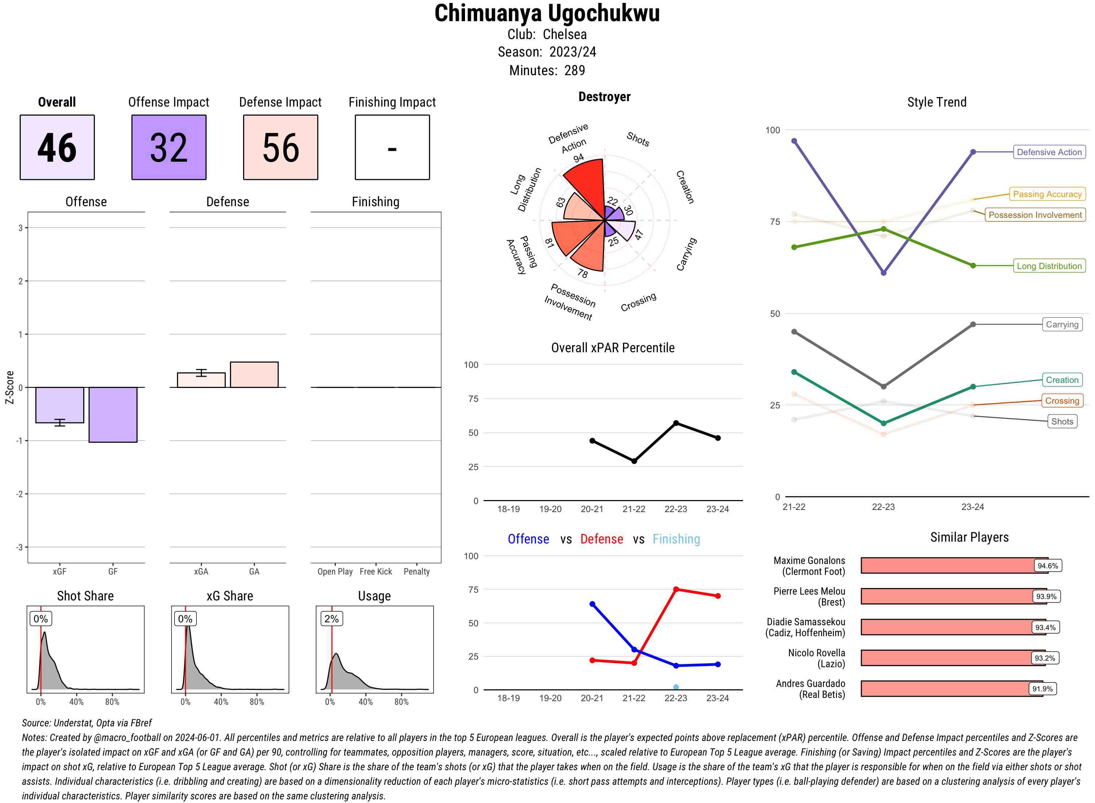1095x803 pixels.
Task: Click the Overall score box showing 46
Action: tap(57, 147)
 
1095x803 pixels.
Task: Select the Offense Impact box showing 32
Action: tap(169, 147)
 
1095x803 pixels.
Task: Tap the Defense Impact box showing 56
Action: tap(280, 147)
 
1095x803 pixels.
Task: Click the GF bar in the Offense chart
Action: tap(113, 415)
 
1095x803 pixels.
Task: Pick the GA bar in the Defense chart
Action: tap(254, 375)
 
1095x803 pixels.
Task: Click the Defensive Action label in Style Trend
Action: tap(1049, 152)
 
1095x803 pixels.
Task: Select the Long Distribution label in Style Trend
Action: tap(1049, 266)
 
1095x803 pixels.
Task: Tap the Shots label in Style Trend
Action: tap(1062, 422)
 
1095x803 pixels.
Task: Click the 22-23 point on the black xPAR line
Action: tap(676, 423)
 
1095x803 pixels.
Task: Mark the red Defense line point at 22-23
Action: tap(676, 589)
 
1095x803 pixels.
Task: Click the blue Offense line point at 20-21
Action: tap(592, 604)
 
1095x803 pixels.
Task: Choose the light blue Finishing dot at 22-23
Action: tap(676, 687)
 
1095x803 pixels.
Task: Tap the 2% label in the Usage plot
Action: tap(331, 619)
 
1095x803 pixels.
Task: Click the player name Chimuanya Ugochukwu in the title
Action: tap(547, 14)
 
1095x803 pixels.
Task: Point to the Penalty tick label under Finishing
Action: tap(416, 572)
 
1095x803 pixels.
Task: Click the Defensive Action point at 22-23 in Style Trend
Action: tap(883, 273)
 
